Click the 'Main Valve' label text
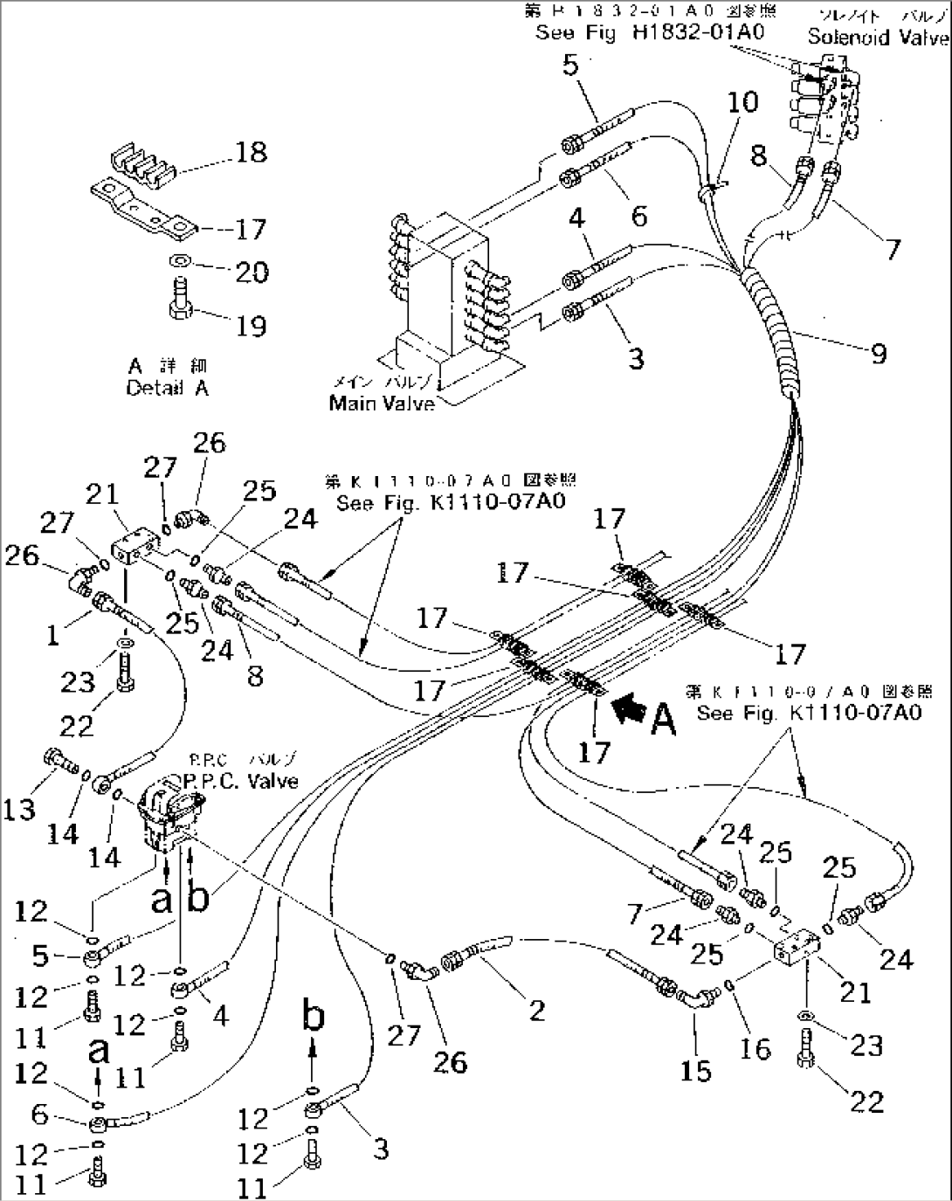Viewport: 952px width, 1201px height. pos(382,403)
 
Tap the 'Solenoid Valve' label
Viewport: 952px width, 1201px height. pos(877,37)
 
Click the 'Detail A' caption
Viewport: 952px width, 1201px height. pos(168,389)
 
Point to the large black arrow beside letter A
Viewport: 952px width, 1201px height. pos(629,709)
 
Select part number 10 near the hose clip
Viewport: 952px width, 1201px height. pos(743,102)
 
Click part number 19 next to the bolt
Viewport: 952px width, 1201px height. pos(251,326)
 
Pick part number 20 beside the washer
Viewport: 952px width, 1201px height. pos(252,273)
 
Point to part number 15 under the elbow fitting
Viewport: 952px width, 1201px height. pos(696,1070)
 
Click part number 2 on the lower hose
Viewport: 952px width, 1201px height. pos(536,1011)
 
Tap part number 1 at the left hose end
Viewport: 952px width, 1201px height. pos(53,635)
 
